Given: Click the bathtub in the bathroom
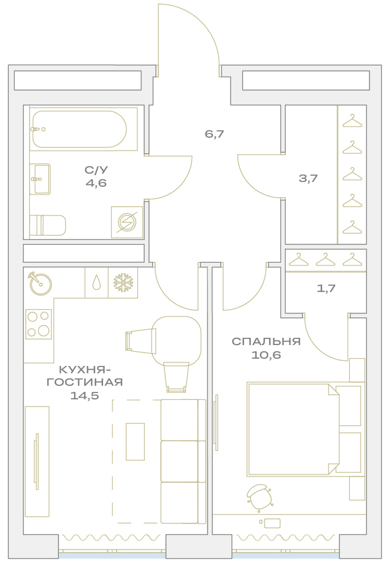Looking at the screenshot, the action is pos(79,129).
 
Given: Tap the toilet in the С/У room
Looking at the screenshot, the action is pos(48,225).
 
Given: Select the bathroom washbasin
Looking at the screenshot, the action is pos(40,179).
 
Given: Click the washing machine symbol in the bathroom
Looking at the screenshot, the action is pos(127,222).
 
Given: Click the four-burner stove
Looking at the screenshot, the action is pos(38,324).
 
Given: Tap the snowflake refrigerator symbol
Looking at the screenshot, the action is pos(123,283).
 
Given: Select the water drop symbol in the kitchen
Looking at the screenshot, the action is pos(97,283).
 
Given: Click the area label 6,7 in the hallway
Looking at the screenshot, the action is pos(214,135).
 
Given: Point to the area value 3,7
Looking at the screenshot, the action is pos(308,178).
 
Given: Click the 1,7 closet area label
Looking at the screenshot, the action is pos(326,288).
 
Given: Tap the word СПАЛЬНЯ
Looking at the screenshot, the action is pos(266,341).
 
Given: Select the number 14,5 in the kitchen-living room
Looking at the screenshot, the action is pos(84,396).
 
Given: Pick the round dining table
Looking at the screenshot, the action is pos(176,340).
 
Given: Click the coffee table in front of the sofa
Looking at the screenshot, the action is pos(135,441).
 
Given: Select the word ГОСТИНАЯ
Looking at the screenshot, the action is pos(84,382).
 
